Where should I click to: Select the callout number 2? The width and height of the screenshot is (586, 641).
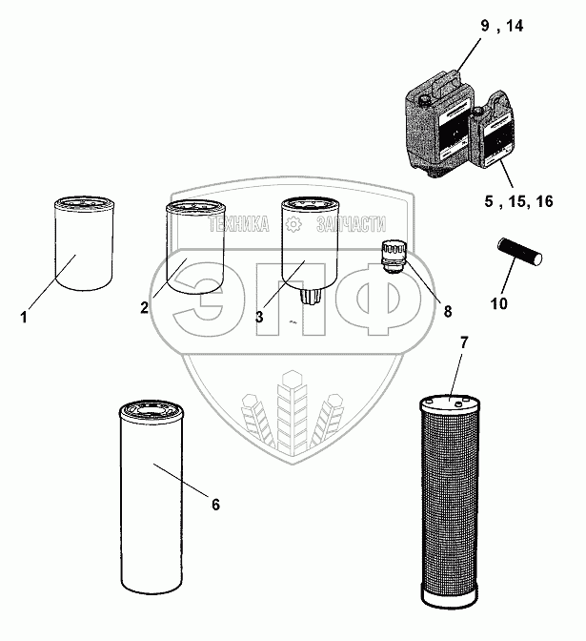pyautogui.click(x=145, y=307)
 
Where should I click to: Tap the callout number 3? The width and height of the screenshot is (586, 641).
pyautogui.click(x=259, y=316)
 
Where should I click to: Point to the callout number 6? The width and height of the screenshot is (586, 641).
pyautogui.click(x=215, y=504)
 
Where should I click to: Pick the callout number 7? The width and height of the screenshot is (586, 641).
pyautogui.click(x=464, y=341)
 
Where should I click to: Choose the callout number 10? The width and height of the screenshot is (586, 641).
pyautogui.click(x=499, y=302)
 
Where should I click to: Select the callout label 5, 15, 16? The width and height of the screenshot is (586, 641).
pyautogui.click(x=518, y=201)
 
